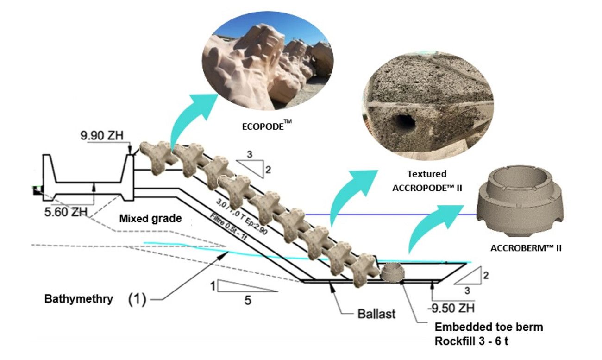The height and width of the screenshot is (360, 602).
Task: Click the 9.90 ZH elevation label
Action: [x=102, y=135]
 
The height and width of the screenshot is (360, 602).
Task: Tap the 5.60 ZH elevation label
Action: [x=66, y=212]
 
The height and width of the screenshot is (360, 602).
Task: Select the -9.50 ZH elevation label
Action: [x=451, y=308]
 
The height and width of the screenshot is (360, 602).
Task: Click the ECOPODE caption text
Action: [x=267, y=126]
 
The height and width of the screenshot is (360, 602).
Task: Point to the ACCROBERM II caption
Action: [x=526, y=248]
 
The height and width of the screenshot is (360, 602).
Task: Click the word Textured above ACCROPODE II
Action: [x=427, y=174]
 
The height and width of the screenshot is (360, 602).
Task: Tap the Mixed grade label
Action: [x=150, y=219]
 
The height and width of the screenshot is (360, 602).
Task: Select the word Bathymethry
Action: [x=79, y=299]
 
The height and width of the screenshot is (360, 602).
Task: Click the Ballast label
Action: [x=376, y=314]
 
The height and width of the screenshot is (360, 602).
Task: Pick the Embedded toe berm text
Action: [x=489, y=327]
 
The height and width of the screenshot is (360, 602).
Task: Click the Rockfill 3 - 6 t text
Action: [x=471, y=341]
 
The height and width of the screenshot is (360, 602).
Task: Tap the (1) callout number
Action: [x=137, y=299]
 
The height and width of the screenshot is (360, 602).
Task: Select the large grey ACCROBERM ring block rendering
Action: [x=520, y=201]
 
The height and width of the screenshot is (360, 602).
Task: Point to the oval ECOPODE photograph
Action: [x=268, y=61]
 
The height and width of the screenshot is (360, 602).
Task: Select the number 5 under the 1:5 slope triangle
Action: [x=248, y=300]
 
